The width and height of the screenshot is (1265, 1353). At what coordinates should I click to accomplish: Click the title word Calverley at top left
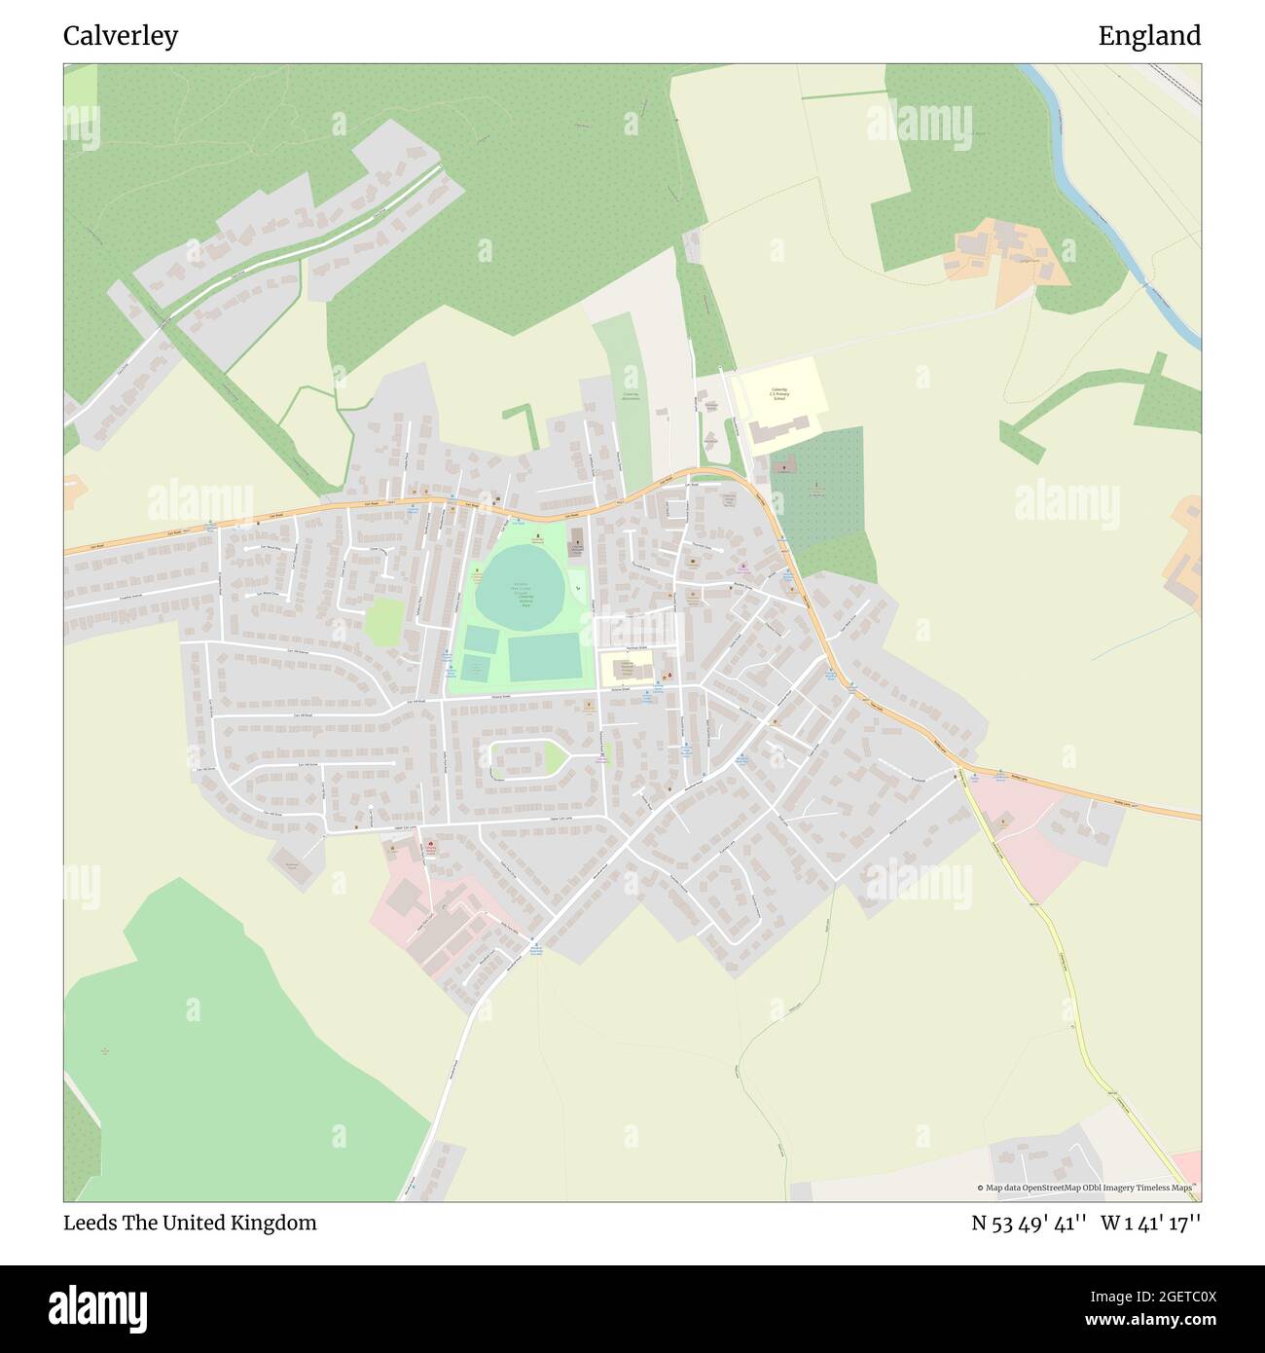tap(121, 36)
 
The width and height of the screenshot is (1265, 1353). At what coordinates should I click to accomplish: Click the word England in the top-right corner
tap(1149, 36)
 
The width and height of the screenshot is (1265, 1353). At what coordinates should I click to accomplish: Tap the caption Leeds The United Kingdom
tap(190, 1223)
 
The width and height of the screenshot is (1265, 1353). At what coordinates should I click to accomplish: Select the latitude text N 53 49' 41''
tap(1030, 1223)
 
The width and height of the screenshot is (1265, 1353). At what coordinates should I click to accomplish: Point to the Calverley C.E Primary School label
tap(778, 393)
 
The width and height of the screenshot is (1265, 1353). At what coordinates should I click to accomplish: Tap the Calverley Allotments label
tap(631, 396)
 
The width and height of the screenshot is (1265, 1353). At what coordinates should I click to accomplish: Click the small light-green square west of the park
tap(384, 621)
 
